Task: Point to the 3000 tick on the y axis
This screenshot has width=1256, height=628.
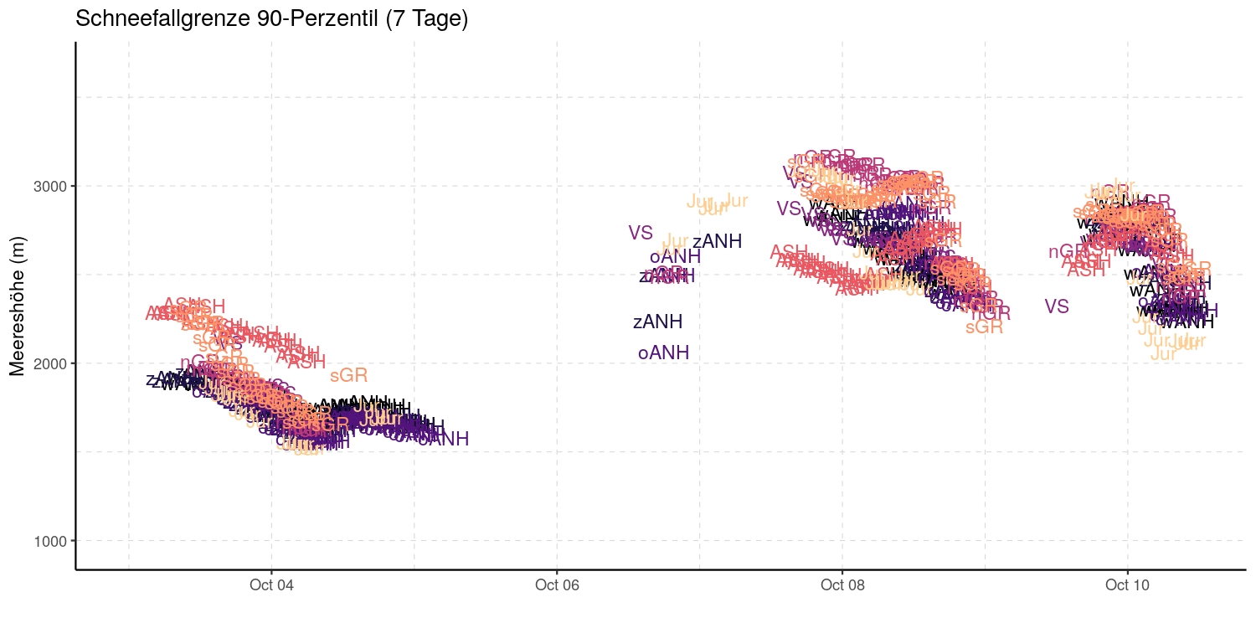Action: click(52, 186)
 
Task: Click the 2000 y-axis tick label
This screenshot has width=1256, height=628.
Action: click(52, 363)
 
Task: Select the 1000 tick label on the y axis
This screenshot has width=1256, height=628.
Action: click(52, 541)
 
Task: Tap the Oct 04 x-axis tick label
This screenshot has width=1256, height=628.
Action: click(271, 585)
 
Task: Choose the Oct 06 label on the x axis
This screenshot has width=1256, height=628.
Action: click(557, 585)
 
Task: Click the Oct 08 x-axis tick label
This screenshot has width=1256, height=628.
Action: click(842, 585)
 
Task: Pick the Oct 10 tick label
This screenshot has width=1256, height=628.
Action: click(1127, 585)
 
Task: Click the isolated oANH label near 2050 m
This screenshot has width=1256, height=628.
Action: click(663, 353)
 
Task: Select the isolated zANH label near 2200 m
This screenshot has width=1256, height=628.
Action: click(657, 322)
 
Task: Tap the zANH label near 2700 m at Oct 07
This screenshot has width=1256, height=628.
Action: click(717, 241)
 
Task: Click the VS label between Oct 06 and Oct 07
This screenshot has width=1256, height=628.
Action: click(641, 234)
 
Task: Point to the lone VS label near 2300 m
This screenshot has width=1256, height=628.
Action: click(1057, 306)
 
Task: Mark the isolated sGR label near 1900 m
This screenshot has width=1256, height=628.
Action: click(348, 376)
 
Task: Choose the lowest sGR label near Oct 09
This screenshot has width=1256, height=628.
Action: click(984, 327)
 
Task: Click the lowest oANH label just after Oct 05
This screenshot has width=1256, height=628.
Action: click(443, 439)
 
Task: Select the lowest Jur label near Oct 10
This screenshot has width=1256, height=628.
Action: click(1164, 354)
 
